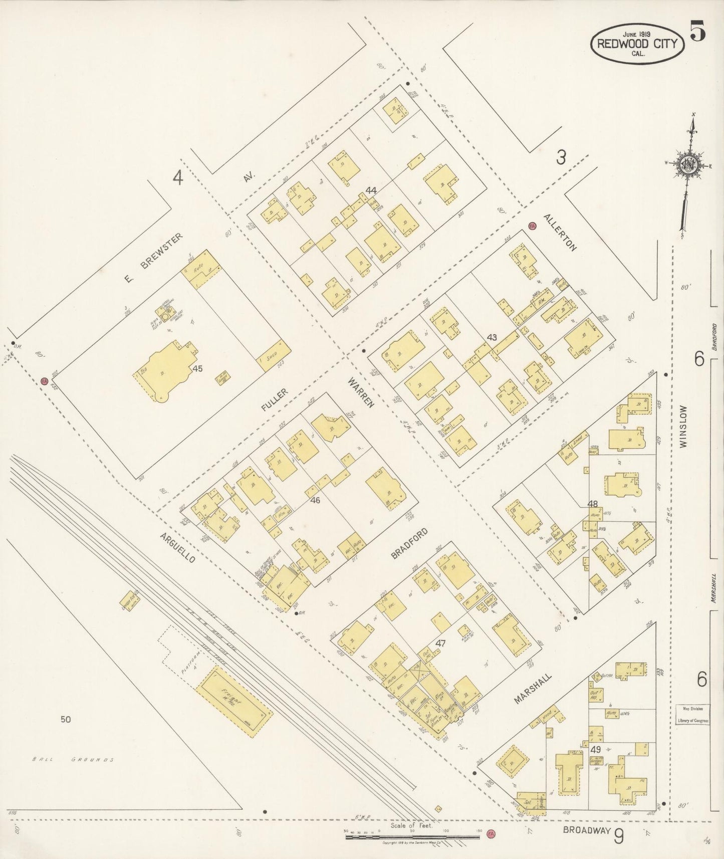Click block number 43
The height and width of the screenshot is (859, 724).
coord(492,337)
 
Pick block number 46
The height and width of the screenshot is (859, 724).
coord(315,500)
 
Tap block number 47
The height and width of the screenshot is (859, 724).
coord(440,642)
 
